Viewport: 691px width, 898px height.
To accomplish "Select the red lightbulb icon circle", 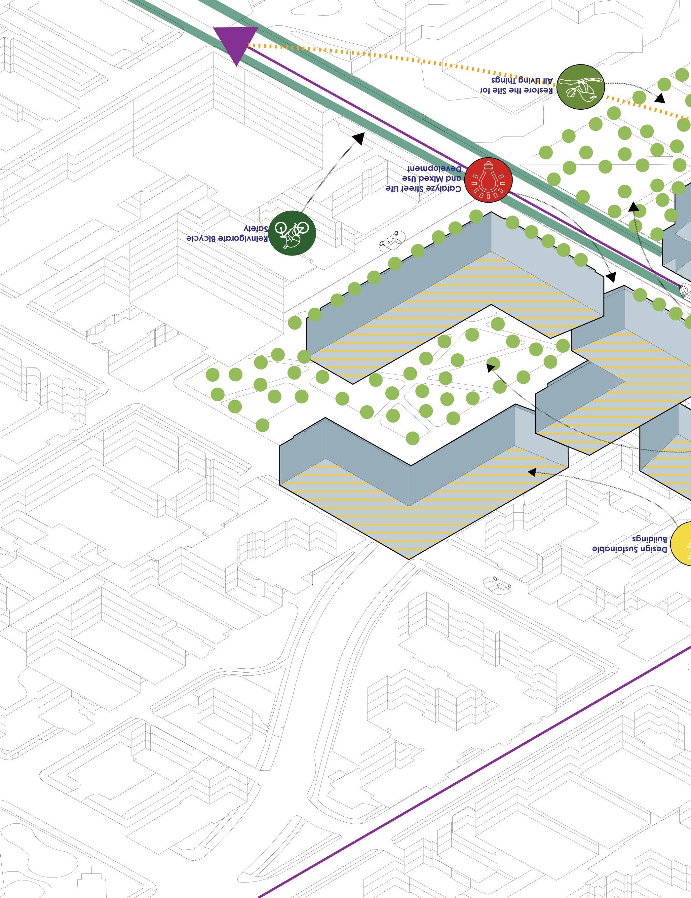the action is coord(489,180).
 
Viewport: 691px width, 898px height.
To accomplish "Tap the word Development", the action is coord(435,169).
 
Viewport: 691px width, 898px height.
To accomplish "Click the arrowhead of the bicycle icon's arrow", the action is coord(359,138).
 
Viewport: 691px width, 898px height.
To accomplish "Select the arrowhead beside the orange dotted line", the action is coord(660,98).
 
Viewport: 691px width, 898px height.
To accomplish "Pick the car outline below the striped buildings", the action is coord(497,584).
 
